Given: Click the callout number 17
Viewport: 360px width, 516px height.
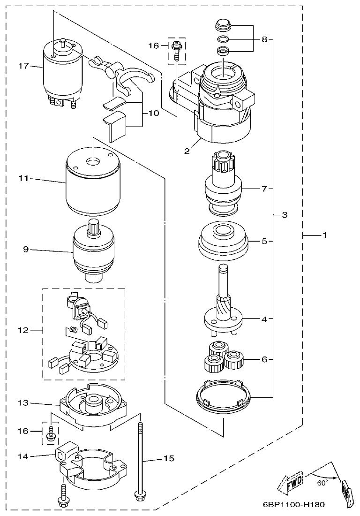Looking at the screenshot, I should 23,66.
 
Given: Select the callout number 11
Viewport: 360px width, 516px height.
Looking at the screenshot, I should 23,178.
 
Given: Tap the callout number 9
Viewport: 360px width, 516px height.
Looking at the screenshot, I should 26,250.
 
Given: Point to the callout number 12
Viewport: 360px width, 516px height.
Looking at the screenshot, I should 23,330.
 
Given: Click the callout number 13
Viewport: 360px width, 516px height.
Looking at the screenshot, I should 23,402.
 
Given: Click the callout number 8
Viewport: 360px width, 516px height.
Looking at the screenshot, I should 264,40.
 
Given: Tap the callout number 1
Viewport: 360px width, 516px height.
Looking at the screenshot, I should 323,235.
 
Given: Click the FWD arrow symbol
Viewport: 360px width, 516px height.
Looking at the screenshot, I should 291,481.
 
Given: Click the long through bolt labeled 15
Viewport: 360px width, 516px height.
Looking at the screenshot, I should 140,460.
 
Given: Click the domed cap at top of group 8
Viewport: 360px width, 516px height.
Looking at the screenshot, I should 223,24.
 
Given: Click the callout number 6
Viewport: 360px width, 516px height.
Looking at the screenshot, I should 264,359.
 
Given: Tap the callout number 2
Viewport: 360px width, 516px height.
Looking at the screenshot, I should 187,151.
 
